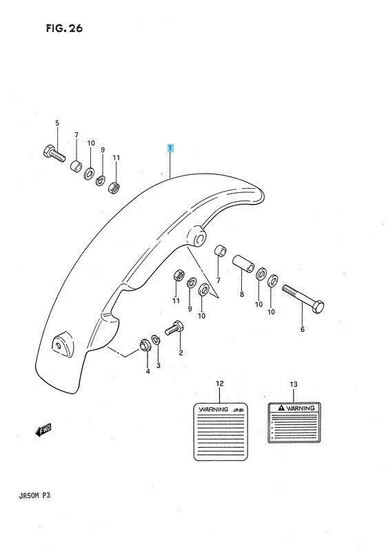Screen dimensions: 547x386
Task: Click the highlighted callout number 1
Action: click(170, 148)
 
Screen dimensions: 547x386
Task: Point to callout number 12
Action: click(220, 383)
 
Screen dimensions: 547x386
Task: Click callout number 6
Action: click(302, 329)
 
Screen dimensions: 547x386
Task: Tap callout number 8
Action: click(242, 294)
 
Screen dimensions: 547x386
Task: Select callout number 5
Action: click(57, 123)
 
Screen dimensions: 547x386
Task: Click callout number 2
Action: click(181, 353)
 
